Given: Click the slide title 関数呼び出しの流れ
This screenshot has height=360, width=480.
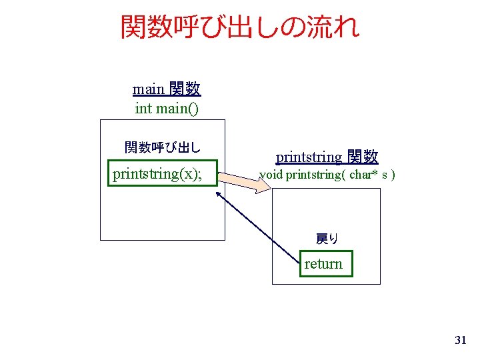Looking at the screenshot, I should coord(240,27).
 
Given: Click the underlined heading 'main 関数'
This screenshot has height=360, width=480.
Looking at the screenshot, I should coord(167,89).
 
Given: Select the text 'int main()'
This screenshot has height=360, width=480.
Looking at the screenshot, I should coord(167,108).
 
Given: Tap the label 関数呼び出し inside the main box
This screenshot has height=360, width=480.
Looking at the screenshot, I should coord(163,147).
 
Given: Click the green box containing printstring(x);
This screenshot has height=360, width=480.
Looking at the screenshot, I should coord(163,174).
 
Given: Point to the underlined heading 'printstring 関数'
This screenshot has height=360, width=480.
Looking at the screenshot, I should coord(327,157).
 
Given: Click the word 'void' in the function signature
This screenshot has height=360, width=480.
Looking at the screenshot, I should coord(271,175).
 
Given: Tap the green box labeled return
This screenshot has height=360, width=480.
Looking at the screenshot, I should coord(324,264).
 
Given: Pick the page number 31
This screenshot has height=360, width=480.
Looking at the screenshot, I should coord(460,341).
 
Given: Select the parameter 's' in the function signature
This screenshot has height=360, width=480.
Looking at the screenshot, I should coord(385,175).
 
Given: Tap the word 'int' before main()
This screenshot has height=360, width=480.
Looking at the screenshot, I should coord(143,108).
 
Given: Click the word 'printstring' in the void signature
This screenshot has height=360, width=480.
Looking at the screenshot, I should coord(311,175).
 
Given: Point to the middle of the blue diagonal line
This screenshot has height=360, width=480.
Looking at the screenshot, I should coord(259,228).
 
